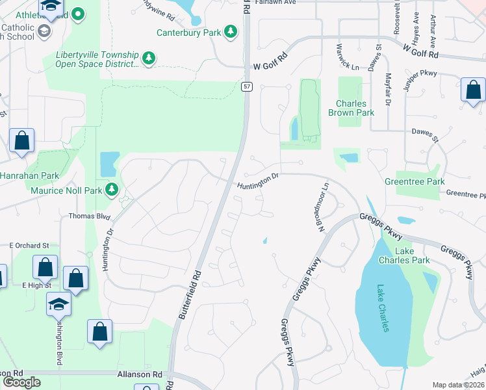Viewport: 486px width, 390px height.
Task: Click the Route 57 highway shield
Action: coord(247,86)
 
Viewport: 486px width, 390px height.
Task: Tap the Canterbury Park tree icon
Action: coord(230,31)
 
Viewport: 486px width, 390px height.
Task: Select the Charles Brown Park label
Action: coord(355,108)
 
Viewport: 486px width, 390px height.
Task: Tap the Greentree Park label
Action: coord(415,181)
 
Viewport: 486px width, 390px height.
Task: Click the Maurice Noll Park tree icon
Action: coord(112,190)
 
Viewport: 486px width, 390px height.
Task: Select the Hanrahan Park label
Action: coord(29,175)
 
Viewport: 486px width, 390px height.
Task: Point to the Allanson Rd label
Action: coord(139,375)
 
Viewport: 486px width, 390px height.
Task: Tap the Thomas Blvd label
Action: coord(90,216)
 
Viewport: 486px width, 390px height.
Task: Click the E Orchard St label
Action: coord(29,246)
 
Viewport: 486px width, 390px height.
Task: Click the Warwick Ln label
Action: coord(347,57)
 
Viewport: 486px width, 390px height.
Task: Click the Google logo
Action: coord(21,382)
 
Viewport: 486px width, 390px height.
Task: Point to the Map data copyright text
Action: coord(458,385)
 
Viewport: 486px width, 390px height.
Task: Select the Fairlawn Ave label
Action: coord(275,3)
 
